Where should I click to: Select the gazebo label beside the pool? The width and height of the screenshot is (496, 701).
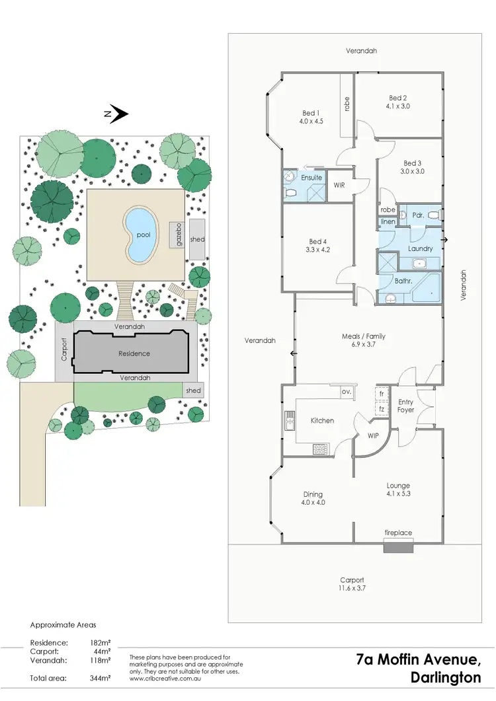tap(179, 235)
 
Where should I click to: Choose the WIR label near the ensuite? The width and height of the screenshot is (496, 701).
tap(340, 185)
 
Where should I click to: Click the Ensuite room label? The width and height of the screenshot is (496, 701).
tap(311, 178)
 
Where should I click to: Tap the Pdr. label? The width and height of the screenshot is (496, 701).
tap(418, 215)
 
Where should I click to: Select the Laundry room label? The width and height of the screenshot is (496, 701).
tap(421, 248)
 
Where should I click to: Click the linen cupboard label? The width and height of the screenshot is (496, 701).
tap(388, 221)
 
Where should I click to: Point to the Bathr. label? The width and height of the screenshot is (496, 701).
tap(404, 281)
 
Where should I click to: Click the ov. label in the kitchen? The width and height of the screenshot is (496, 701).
tap(346, 391)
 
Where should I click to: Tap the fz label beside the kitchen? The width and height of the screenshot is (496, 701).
tap(382, 410)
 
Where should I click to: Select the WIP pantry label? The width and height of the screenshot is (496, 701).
tap(373, 436)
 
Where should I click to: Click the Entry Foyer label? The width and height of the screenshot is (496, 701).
tap(405, 406)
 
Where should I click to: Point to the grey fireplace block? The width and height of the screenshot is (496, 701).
tap(399, 548)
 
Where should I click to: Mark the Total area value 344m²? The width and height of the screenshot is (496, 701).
tap(101, 678)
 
